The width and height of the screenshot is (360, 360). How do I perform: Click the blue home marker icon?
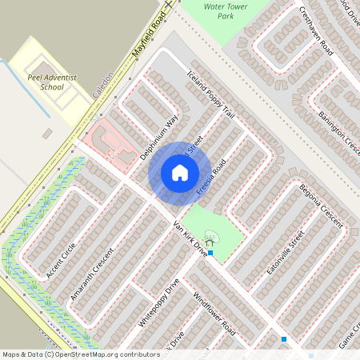pos(179,173)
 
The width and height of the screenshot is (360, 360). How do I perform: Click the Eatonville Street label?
pos(286,252)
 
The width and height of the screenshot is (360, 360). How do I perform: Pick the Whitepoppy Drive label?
pos(159,302)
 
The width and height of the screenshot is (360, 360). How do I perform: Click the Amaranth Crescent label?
pos(92,272)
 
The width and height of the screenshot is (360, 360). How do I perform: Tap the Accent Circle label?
pos(61,260)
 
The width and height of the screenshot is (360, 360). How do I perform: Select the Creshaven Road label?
pos(316,30)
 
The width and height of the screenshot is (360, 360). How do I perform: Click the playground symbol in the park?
pos(211,237)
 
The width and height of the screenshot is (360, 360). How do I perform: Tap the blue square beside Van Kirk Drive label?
pos(210,253)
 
